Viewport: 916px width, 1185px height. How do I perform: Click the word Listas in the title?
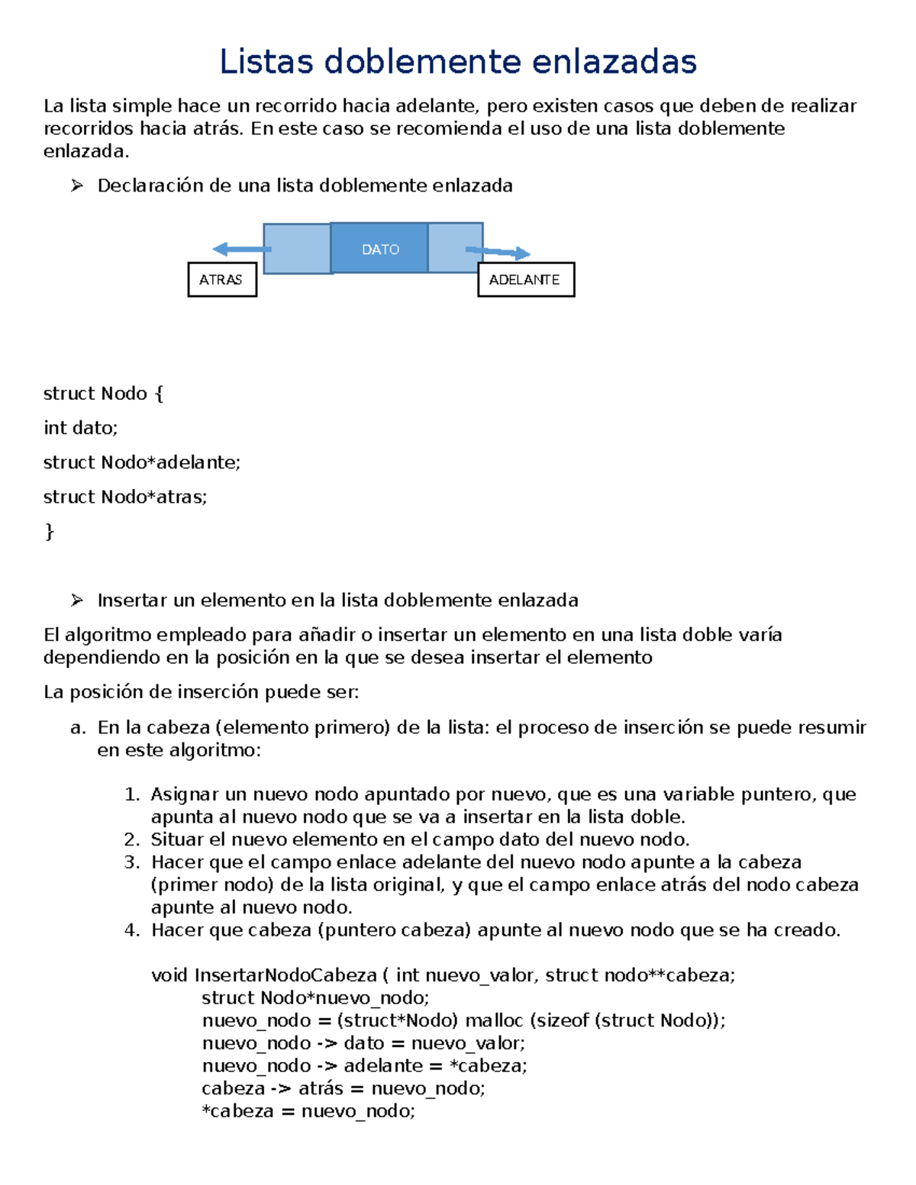266,62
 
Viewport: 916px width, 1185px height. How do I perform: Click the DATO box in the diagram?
380,250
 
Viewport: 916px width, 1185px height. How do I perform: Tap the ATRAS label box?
221,280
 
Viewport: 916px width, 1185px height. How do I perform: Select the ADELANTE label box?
525,280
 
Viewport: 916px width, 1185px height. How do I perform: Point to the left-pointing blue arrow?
240,249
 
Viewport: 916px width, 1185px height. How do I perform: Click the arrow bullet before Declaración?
76,185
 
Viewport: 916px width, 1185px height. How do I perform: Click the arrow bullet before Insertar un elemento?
76,601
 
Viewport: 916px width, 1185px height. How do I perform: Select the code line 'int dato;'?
81,428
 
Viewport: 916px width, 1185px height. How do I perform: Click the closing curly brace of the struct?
50,531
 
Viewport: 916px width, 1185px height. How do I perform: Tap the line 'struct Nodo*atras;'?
125,497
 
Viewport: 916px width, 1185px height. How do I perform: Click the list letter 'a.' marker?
78,727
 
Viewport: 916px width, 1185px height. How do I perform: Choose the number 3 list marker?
132,862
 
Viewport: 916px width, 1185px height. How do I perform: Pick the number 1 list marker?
132,794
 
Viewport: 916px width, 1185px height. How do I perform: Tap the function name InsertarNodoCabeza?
285,975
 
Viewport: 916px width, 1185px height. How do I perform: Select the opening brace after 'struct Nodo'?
159,394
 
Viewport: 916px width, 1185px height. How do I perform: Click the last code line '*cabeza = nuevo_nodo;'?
308,1111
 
